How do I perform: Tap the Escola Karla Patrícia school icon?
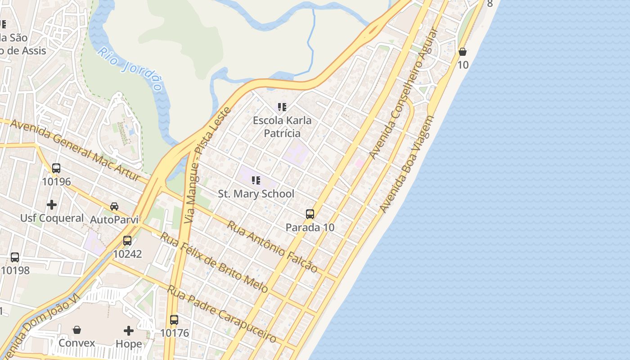(282, 107)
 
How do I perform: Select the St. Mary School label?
(256, 194)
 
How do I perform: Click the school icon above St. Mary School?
(256, 181)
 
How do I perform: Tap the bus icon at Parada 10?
(310, 214)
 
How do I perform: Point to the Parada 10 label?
(310, 227)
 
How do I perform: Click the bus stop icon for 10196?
(56, 168)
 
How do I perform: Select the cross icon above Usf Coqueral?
(52, 205)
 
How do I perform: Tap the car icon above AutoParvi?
(114, 207)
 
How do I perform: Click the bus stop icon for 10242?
(127, 241)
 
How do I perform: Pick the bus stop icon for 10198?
(15, 257)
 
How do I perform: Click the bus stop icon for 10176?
(174, 320)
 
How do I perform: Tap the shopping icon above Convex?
(77, 330)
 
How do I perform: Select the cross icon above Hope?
(129, 331)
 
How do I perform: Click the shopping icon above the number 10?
(463, 52)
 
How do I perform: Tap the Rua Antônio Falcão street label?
(272, 247)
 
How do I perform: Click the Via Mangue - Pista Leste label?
(207, 165)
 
